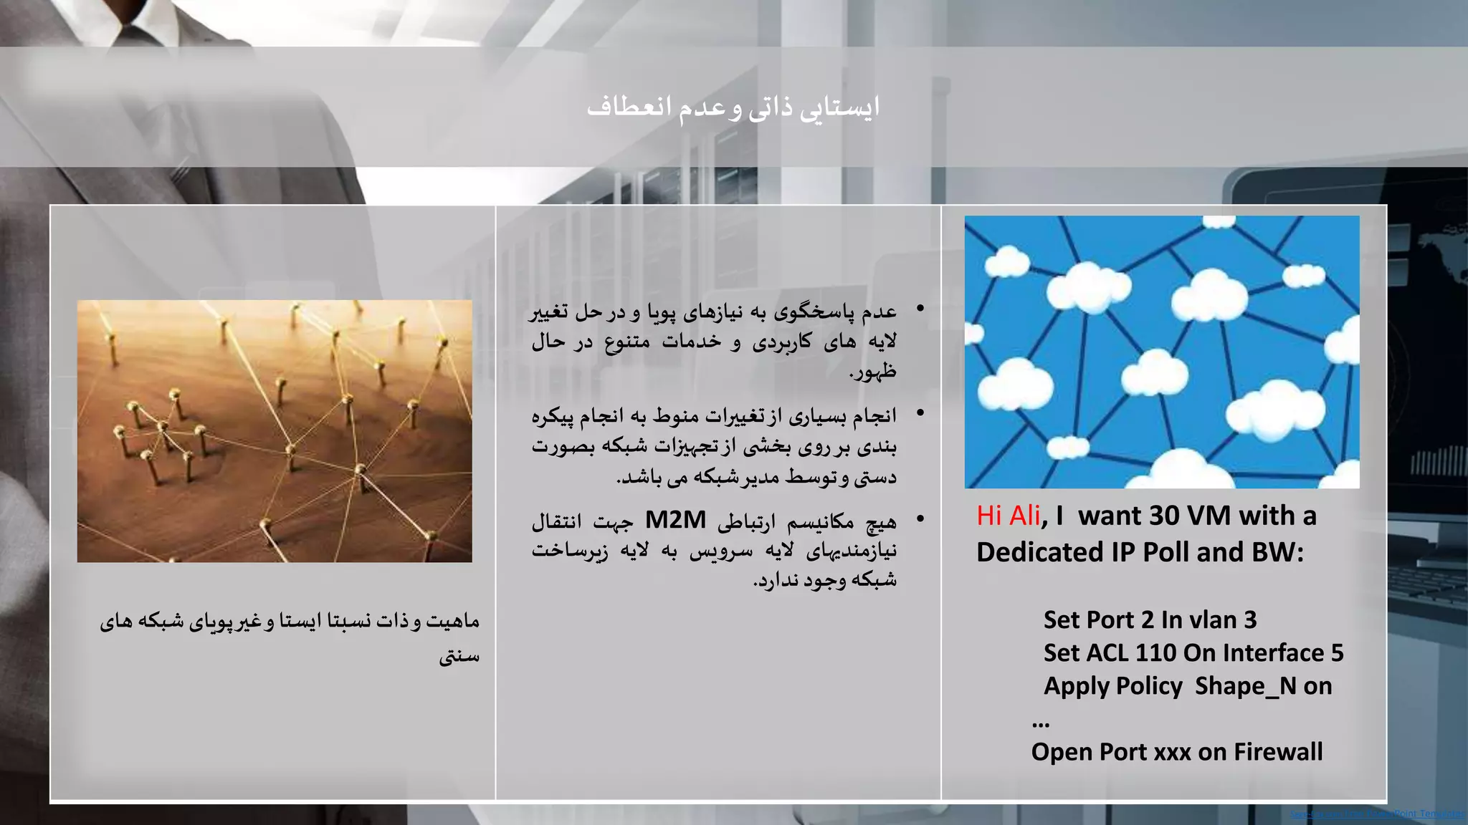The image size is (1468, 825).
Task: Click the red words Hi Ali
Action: point(1008,516)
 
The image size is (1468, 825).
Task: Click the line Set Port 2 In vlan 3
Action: point(1150,619)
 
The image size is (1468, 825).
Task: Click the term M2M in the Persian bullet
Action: point(675,519)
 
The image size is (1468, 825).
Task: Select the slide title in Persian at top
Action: point(733,107)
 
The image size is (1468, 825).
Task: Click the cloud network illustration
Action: point(1161,352)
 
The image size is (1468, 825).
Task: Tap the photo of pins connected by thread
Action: point(275,430)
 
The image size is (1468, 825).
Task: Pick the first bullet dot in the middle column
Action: point(920,309)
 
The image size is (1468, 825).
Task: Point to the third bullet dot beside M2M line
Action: point(920,518)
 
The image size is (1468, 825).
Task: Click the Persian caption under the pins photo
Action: point(290,636)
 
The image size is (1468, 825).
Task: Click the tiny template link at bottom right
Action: point(1377,814)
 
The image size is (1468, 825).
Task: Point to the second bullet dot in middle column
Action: point(920,413)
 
